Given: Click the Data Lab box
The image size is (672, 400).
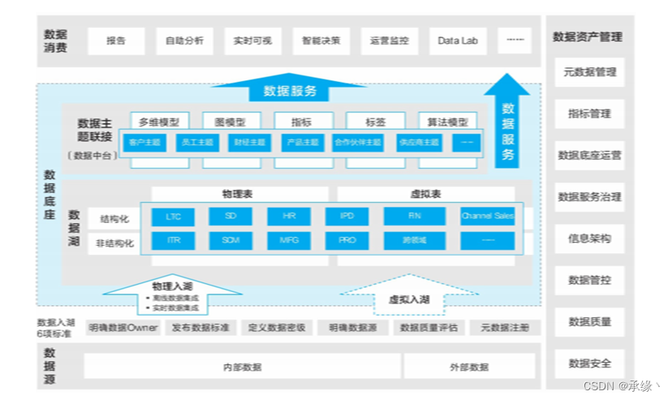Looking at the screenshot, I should point(457,41).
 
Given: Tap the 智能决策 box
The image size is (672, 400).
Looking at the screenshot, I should point(321,41).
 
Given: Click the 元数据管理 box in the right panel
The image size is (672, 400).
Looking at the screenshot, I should point(589,72).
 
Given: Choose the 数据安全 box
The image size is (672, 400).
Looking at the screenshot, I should point(589,363).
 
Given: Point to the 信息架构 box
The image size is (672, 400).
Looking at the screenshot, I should point(589,239).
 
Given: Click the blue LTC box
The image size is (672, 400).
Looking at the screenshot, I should point(173,217).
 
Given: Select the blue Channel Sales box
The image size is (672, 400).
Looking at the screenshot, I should point(487,217).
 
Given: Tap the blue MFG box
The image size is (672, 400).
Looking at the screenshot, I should point(289,241).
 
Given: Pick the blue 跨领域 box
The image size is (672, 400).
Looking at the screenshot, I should point(414,241).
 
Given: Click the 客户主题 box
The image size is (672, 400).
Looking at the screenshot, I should point(144,143).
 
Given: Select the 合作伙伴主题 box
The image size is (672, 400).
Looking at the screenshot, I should point(357,143).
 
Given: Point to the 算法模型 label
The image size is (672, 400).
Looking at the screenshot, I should point(447,123).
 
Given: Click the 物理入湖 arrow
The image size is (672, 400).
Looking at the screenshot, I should point(173,293).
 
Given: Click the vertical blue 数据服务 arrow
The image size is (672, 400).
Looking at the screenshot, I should point(507,122).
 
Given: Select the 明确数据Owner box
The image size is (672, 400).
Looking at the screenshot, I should point(123,328).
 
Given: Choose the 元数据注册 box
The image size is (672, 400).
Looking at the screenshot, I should point(504,328).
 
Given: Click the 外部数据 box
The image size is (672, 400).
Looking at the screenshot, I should point(469,367).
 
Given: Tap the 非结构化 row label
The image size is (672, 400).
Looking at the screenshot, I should point(115,242).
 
